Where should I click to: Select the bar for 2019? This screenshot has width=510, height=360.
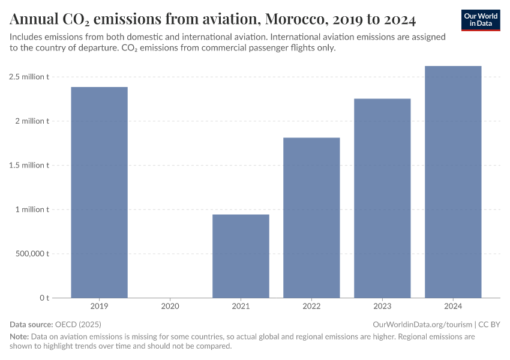pyautogui.click(x=99, y=192)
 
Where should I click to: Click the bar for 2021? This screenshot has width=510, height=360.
pyautogui.click(x=241, y=256)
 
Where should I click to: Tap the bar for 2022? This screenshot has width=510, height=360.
pyautogui.click(x=311, y=217)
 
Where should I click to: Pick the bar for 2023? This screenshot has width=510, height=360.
pyautogui.click(x=382, y=198)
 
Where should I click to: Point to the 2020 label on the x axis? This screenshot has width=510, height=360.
pyautogui.click(x=170, y=306)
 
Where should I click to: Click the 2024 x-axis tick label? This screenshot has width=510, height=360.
pyautogui.click(x=453, y=306)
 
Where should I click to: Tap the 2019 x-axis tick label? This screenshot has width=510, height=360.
pyautogui.click(x=99, y=306)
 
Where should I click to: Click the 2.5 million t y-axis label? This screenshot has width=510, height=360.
pyautogui.click(x=29, y=77)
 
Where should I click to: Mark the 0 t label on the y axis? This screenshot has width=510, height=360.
pyautogui.click(x=44, y=298)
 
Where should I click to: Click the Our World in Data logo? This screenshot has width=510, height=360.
pyautogui.click(x=480, y=20)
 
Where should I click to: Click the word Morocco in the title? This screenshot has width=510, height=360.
pyautogui.click(x=296, y=20)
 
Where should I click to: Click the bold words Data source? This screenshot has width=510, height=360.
pyautogui.click(x=31, y=325)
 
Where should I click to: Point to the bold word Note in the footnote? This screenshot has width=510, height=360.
pyautogui.click(x=19, y=337)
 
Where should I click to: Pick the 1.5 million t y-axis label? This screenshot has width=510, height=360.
pyautogui.click(x=29, y=165)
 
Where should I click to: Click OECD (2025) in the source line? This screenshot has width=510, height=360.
pyautogui.click(x=78, y=325)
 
